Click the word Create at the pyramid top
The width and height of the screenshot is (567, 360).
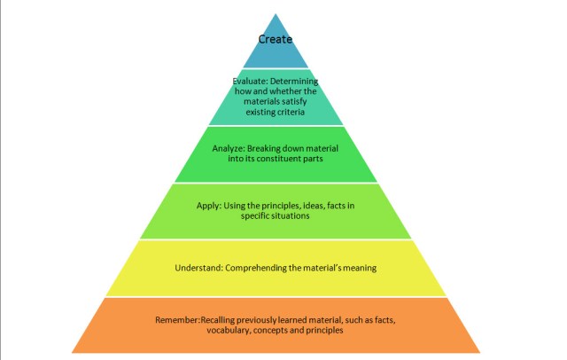pyautogui.click(x=276, y=39)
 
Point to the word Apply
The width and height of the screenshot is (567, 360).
pyautogui.click(x=209, y=205)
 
